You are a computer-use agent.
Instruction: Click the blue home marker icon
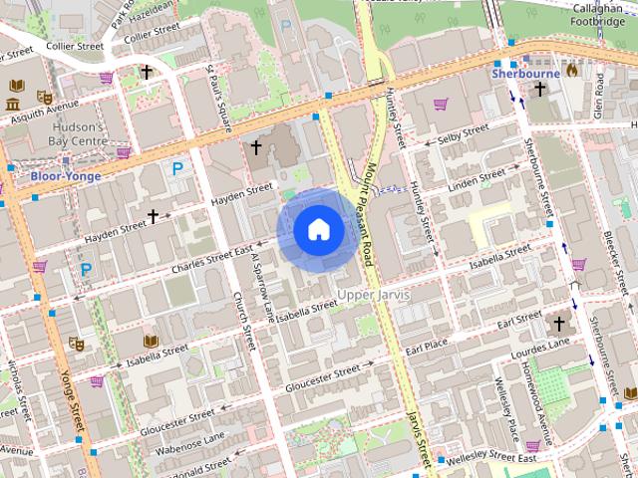point(319,230)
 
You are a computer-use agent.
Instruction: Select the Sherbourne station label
point(525,74)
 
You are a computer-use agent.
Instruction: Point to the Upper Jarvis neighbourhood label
point(374,295)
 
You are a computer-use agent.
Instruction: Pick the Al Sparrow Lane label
point(262,288)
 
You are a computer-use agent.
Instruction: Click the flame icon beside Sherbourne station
point(571,71)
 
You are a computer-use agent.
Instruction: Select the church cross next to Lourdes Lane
point(558,324)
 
